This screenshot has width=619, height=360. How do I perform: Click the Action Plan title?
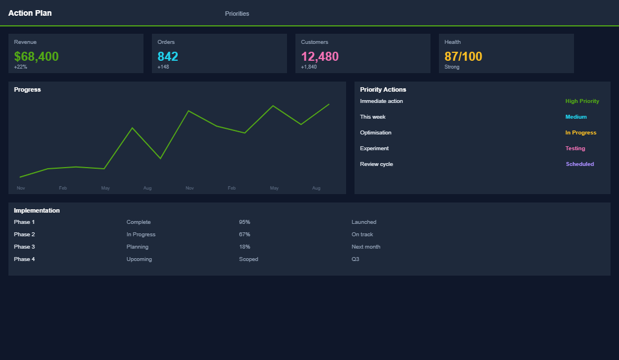30,13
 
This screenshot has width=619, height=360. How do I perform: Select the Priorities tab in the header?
237,13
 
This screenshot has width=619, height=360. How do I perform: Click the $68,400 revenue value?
36,56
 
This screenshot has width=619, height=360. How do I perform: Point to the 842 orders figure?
168,56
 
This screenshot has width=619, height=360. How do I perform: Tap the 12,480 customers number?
320,56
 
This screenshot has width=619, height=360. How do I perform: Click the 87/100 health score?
463,56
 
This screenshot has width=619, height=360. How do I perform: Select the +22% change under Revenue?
20,67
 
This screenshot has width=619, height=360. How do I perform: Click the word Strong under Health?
452,67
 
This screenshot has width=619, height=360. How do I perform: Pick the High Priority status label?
582,101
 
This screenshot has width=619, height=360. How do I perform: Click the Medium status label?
576,117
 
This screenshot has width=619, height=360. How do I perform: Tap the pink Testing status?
575,148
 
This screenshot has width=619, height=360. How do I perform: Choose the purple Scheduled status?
580,164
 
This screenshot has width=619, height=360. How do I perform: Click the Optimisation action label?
375,133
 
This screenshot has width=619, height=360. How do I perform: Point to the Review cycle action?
376,164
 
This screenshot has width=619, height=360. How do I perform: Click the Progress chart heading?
28,89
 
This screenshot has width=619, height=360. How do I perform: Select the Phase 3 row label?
24,247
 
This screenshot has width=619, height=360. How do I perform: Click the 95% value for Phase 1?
244,222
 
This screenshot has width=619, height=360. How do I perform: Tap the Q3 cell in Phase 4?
355,259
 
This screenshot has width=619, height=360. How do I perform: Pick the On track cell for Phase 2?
362,235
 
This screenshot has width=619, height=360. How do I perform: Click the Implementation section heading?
37,210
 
